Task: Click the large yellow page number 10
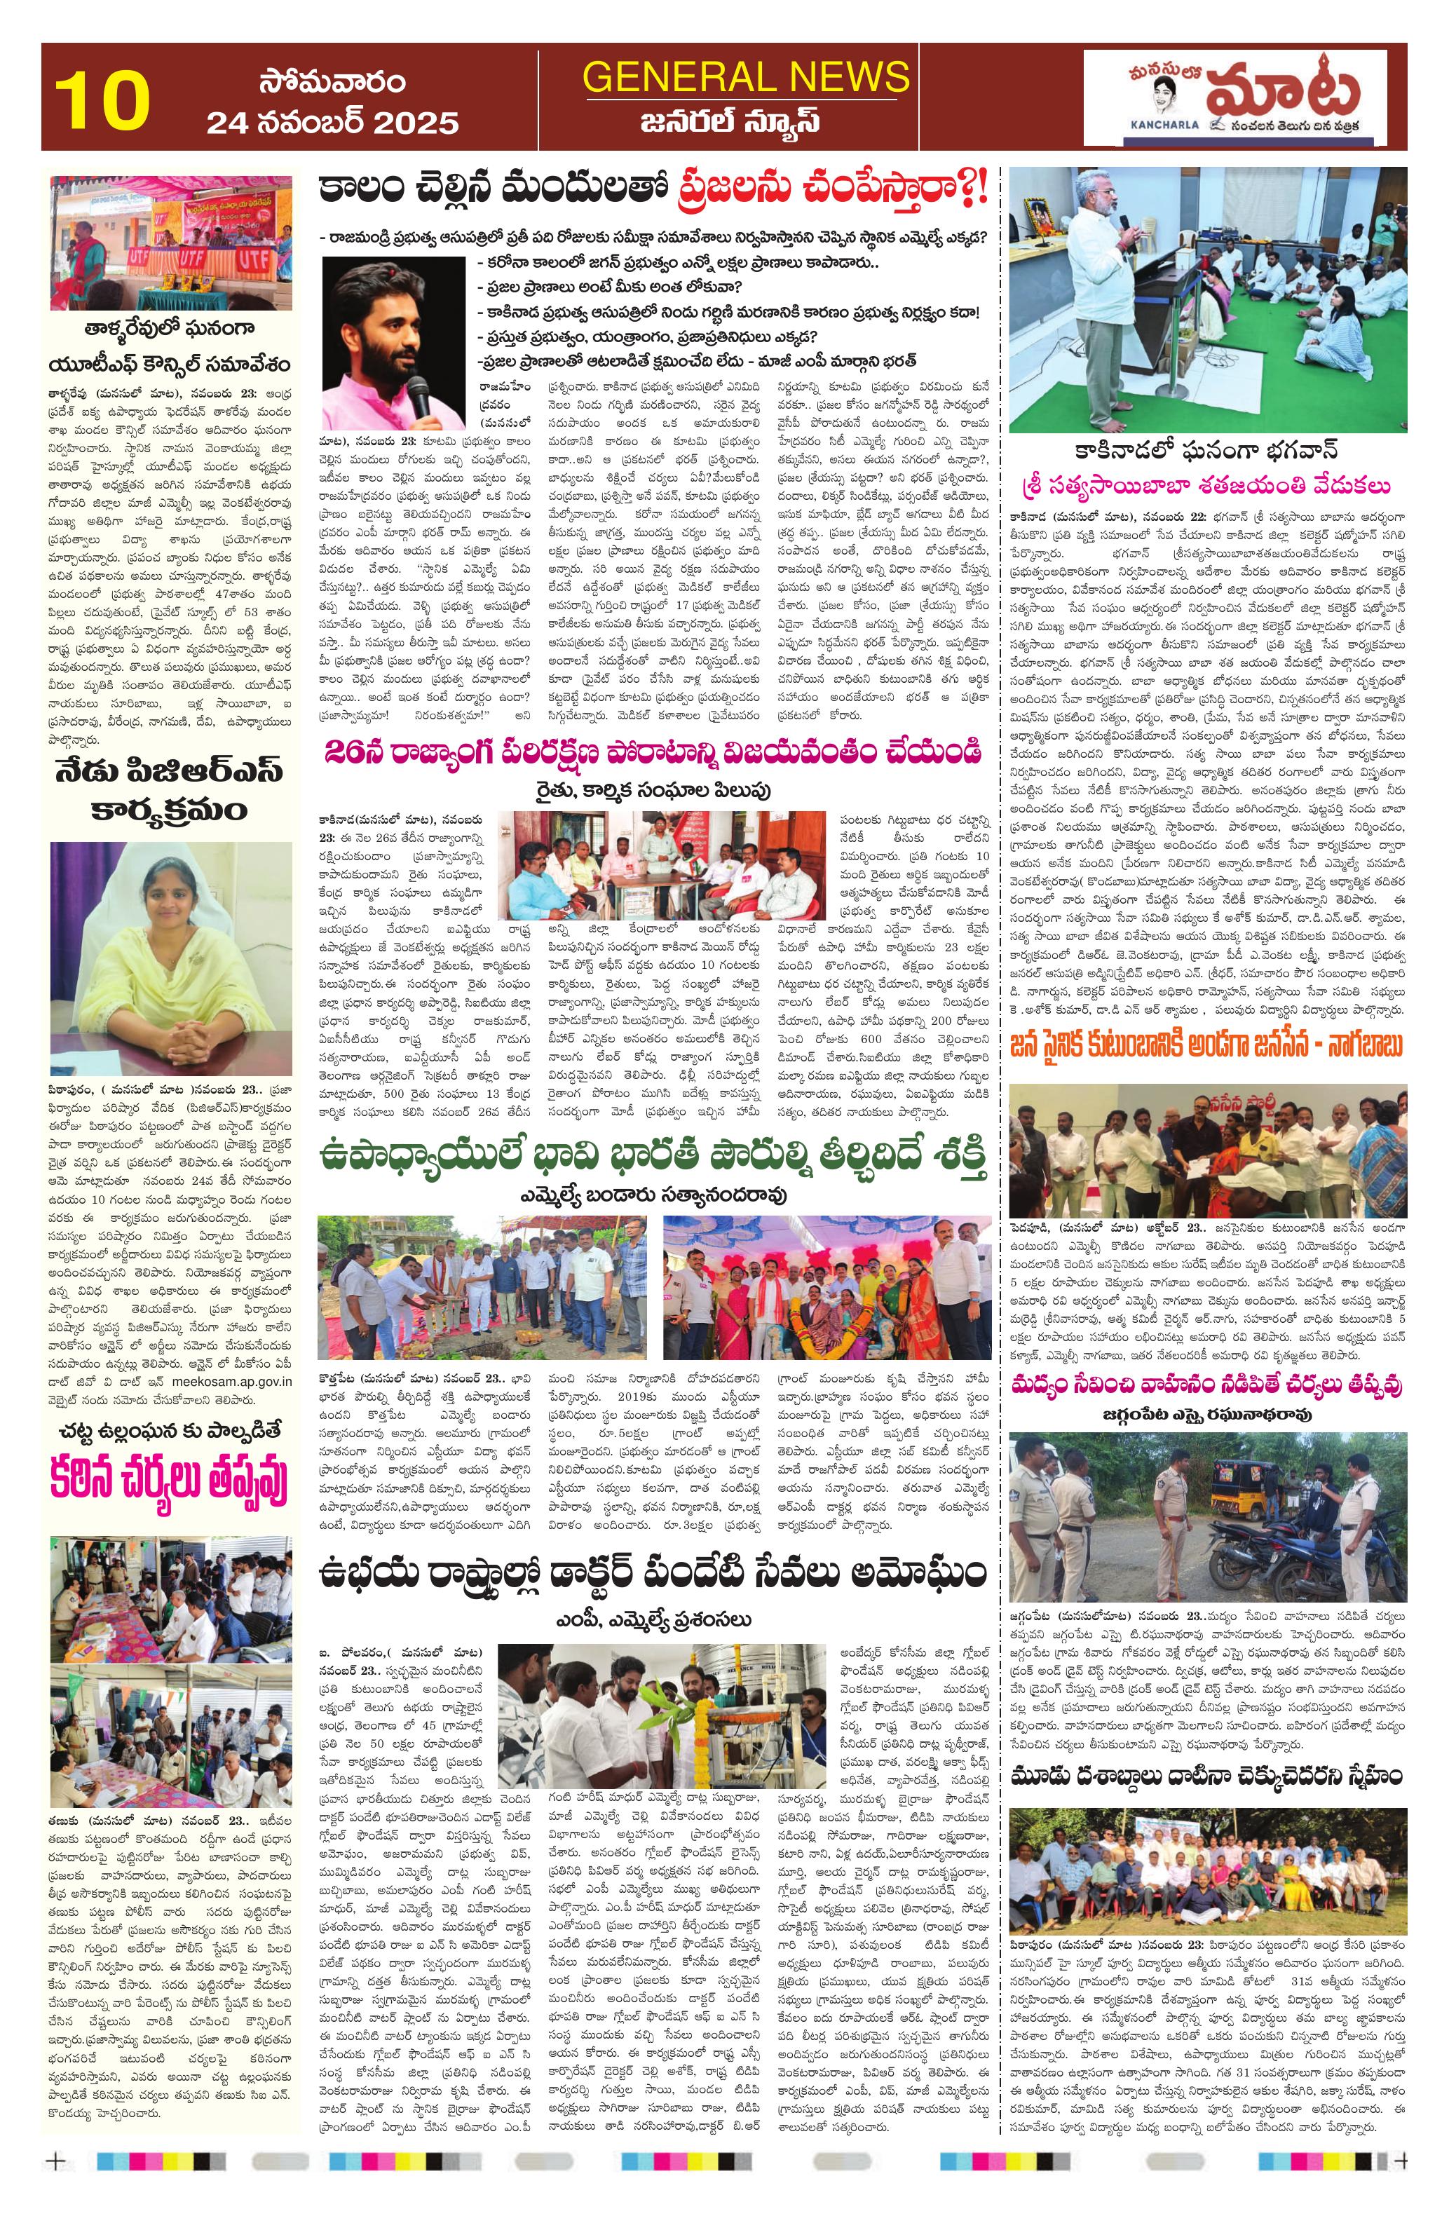[x=102, y=99]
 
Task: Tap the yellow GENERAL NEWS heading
[x=745, y=76]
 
